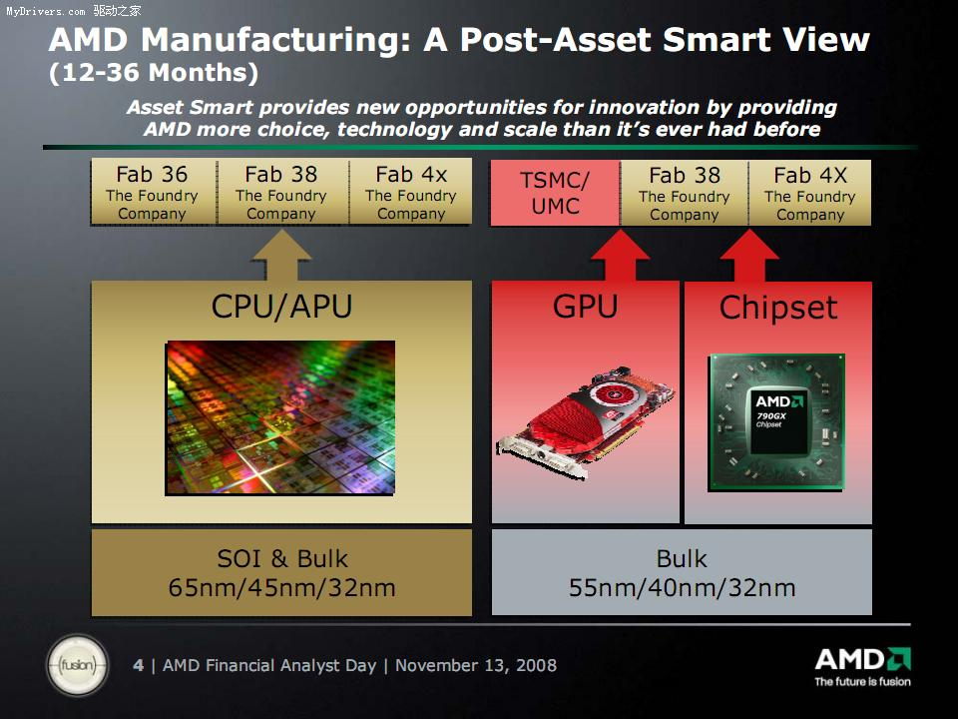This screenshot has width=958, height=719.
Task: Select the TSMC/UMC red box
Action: [x=556, y=193]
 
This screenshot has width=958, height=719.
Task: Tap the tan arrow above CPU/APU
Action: [x=281, y=256]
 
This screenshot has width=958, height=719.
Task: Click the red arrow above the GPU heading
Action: [x=620, y=256]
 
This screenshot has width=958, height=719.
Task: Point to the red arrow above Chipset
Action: [x=749, y=256]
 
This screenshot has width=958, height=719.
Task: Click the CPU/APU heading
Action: [x=281, y=307]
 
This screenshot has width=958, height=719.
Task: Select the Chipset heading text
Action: [x=778, y=308]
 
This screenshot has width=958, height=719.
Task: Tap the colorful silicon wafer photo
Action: [x=280, y=417]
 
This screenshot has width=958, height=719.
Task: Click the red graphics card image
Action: [x=587, y=421]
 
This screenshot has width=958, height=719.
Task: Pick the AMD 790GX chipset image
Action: [x=777, y=421]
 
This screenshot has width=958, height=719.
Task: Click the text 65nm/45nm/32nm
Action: [x=281, y=587]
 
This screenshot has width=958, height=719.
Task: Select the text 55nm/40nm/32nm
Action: [x=682, y=587]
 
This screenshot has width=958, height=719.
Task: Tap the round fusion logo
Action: [x=78, y=665]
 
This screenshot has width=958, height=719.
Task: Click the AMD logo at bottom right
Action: [x=862, y=666]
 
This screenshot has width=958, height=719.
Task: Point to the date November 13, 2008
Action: [x=476, y=665]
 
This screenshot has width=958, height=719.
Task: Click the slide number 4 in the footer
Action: [x=139, y=665]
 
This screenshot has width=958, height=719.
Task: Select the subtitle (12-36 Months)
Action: [x=154, y=73]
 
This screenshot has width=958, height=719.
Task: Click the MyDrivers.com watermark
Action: [x=73, y=11]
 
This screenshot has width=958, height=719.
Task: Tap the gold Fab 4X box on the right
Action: [x=810, y=193]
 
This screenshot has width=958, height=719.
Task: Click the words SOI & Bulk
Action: [x=282, y=559]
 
